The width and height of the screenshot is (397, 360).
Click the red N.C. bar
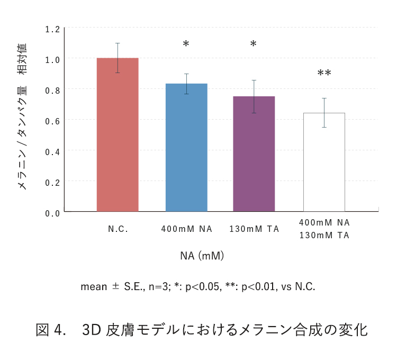pos(118,134)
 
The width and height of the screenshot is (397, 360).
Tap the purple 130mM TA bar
pos(254,154)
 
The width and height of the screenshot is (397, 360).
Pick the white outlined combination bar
pos(324,162)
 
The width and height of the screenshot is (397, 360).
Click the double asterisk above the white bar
pos(324,73)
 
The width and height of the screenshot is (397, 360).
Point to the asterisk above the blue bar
pos(186,44)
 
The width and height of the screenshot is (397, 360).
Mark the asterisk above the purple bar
pos(253,44)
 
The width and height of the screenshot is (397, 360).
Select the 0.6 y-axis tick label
pos(52,121)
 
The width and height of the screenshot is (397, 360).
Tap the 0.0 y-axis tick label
pos(52,213)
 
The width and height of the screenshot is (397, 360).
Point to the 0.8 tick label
pos(52,90)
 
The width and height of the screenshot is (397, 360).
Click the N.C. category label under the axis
pos(119,229)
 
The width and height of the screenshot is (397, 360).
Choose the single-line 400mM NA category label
pos(187,229)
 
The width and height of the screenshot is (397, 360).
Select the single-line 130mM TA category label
pos(254,229)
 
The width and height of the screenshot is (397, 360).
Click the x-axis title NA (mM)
pos(202,256)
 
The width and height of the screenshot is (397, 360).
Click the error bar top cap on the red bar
pos(118,43)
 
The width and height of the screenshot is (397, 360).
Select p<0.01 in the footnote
pos(258,287)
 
